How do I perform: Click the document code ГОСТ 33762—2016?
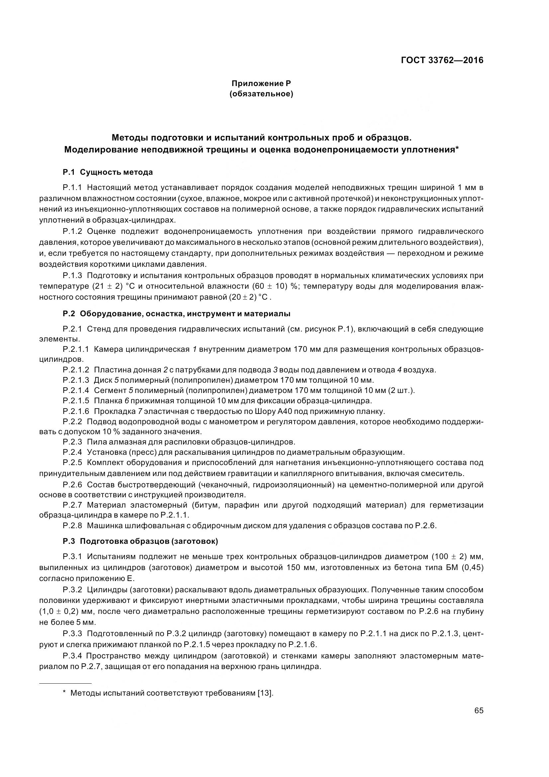[x=442, y=60]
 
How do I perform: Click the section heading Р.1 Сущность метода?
[x=108, y=172]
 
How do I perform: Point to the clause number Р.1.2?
[x=72, y=231]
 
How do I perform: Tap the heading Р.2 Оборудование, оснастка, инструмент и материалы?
[x=176, y=314]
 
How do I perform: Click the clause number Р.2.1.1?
[x=76, y=349]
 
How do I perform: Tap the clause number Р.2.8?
[x=72, y=526]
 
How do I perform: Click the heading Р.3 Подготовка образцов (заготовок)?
[x=140, y=541]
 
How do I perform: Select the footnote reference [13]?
[x=265, y=693]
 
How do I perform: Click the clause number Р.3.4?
[x=72, y=656]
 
